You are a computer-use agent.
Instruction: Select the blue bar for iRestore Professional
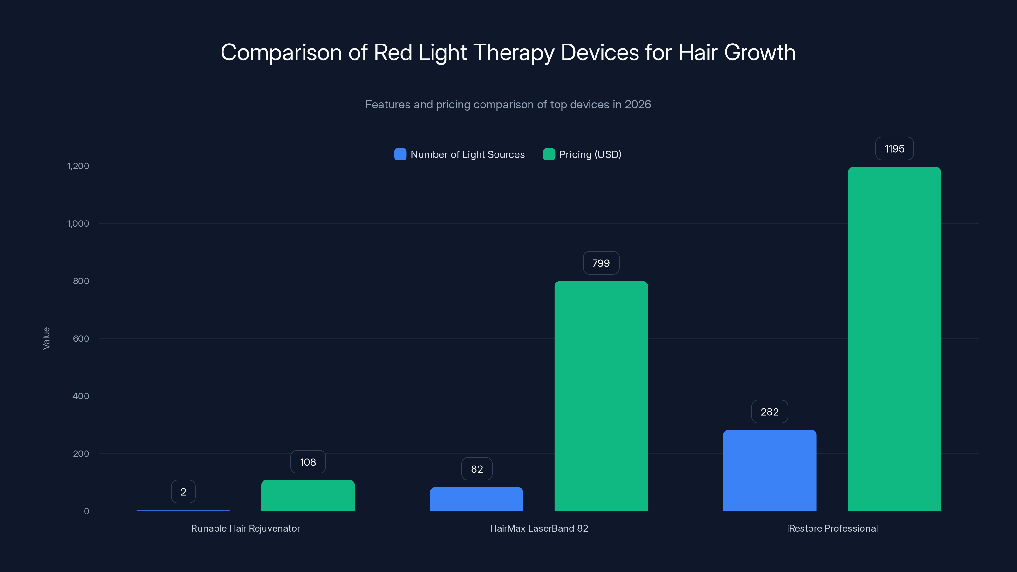769,470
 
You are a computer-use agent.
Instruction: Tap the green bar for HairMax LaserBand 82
601,396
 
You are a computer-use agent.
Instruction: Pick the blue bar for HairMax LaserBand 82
476,499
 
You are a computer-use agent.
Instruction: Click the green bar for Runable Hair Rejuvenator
308,495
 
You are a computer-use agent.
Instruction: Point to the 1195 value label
894,149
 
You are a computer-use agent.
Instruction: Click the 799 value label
601,263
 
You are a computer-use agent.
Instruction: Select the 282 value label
769,412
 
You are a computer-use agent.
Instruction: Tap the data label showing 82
476,469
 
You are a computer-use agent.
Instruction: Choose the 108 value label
308,462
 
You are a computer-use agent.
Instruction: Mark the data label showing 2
183,492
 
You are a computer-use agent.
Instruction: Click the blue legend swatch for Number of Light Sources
400,154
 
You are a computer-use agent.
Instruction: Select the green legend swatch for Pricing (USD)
549,154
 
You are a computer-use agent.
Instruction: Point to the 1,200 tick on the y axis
78,166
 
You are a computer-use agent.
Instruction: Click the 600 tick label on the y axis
81,339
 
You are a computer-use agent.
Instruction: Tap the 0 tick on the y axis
86,511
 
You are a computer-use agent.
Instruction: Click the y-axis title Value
46,338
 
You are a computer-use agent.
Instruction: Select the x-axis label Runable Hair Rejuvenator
246,528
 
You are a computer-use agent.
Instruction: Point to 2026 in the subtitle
638,105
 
